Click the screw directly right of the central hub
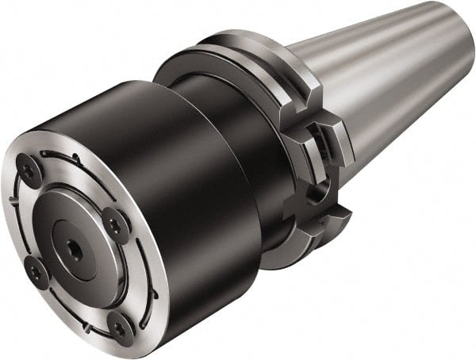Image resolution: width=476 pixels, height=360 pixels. pyautogui.click(x=115, y=225)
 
